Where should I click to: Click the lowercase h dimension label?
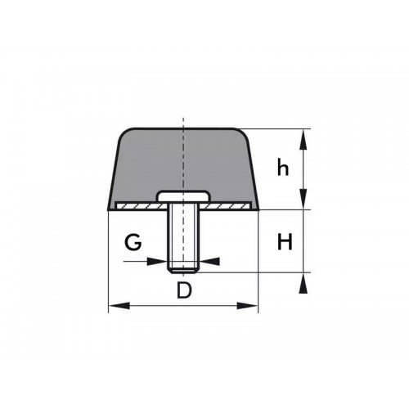[283, 169]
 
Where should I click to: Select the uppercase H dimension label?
[285, 242]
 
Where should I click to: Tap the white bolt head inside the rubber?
[184, 197]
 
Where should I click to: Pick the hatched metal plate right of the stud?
[233, 205]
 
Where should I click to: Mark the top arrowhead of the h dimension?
[304, 136]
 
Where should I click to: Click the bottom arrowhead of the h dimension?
[304, 202]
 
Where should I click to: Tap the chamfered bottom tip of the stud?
[184, 268]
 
